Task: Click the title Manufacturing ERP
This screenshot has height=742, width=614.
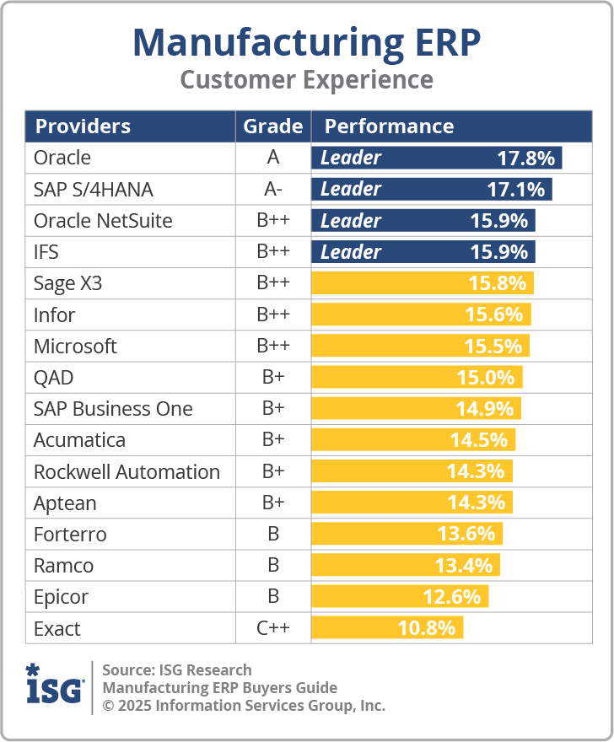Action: [306, 41]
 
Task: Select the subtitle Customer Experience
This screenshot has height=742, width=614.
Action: [306, 80]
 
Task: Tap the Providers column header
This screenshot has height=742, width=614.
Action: [83, 126]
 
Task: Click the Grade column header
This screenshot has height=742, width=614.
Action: [272, 126]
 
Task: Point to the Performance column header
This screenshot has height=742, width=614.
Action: [389, 126]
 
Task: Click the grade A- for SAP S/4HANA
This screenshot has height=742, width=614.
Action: [272, 189]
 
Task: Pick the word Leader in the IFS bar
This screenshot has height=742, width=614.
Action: [351, 252]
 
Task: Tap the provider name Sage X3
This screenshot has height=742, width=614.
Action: [67, 283]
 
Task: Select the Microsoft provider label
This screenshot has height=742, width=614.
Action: [75, 347]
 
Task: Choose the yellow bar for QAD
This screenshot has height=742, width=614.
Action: [417, 378]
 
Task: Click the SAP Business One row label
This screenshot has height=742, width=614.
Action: [113, 409]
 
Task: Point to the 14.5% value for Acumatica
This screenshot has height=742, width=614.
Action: [478, 440]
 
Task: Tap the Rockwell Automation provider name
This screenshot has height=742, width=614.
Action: [127, 472]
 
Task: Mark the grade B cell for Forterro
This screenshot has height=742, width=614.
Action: [272, 535]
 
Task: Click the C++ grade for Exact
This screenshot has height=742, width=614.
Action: [272, 628]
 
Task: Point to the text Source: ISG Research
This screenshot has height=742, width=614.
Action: [177, 670]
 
